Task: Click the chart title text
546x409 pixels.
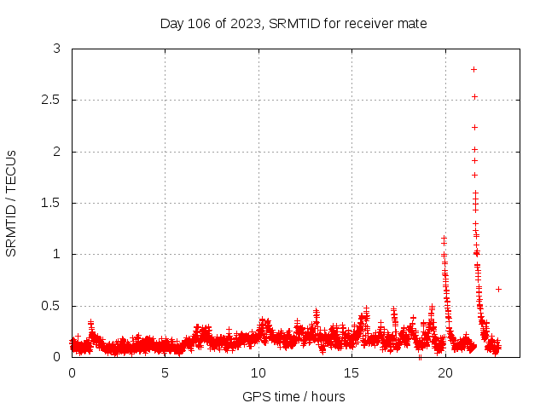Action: point(293,23)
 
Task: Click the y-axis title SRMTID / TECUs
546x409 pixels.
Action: point(12,203)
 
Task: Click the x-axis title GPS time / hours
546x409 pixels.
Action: point(293,396)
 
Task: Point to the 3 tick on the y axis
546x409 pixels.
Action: point(56,49)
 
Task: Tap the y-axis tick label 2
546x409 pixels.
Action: point(56,152)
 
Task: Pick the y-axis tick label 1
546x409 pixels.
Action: point(56,254)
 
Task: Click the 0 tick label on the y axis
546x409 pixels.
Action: point(56,357)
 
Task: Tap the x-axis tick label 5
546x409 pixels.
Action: point(165,373)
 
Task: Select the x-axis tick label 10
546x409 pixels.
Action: point(258,373)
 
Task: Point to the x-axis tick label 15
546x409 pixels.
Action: point(351,373)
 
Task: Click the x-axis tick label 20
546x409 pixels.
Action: point(444,373)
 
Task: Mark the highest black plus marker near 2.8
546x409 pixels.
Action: point(473,69)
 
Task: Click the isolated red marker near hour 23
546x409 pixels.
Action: point(498,289)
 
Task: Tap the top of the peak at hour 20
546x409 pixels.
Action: point(444,239)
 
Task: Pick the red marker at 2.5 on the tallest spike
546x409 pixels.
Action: point(474,96)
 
